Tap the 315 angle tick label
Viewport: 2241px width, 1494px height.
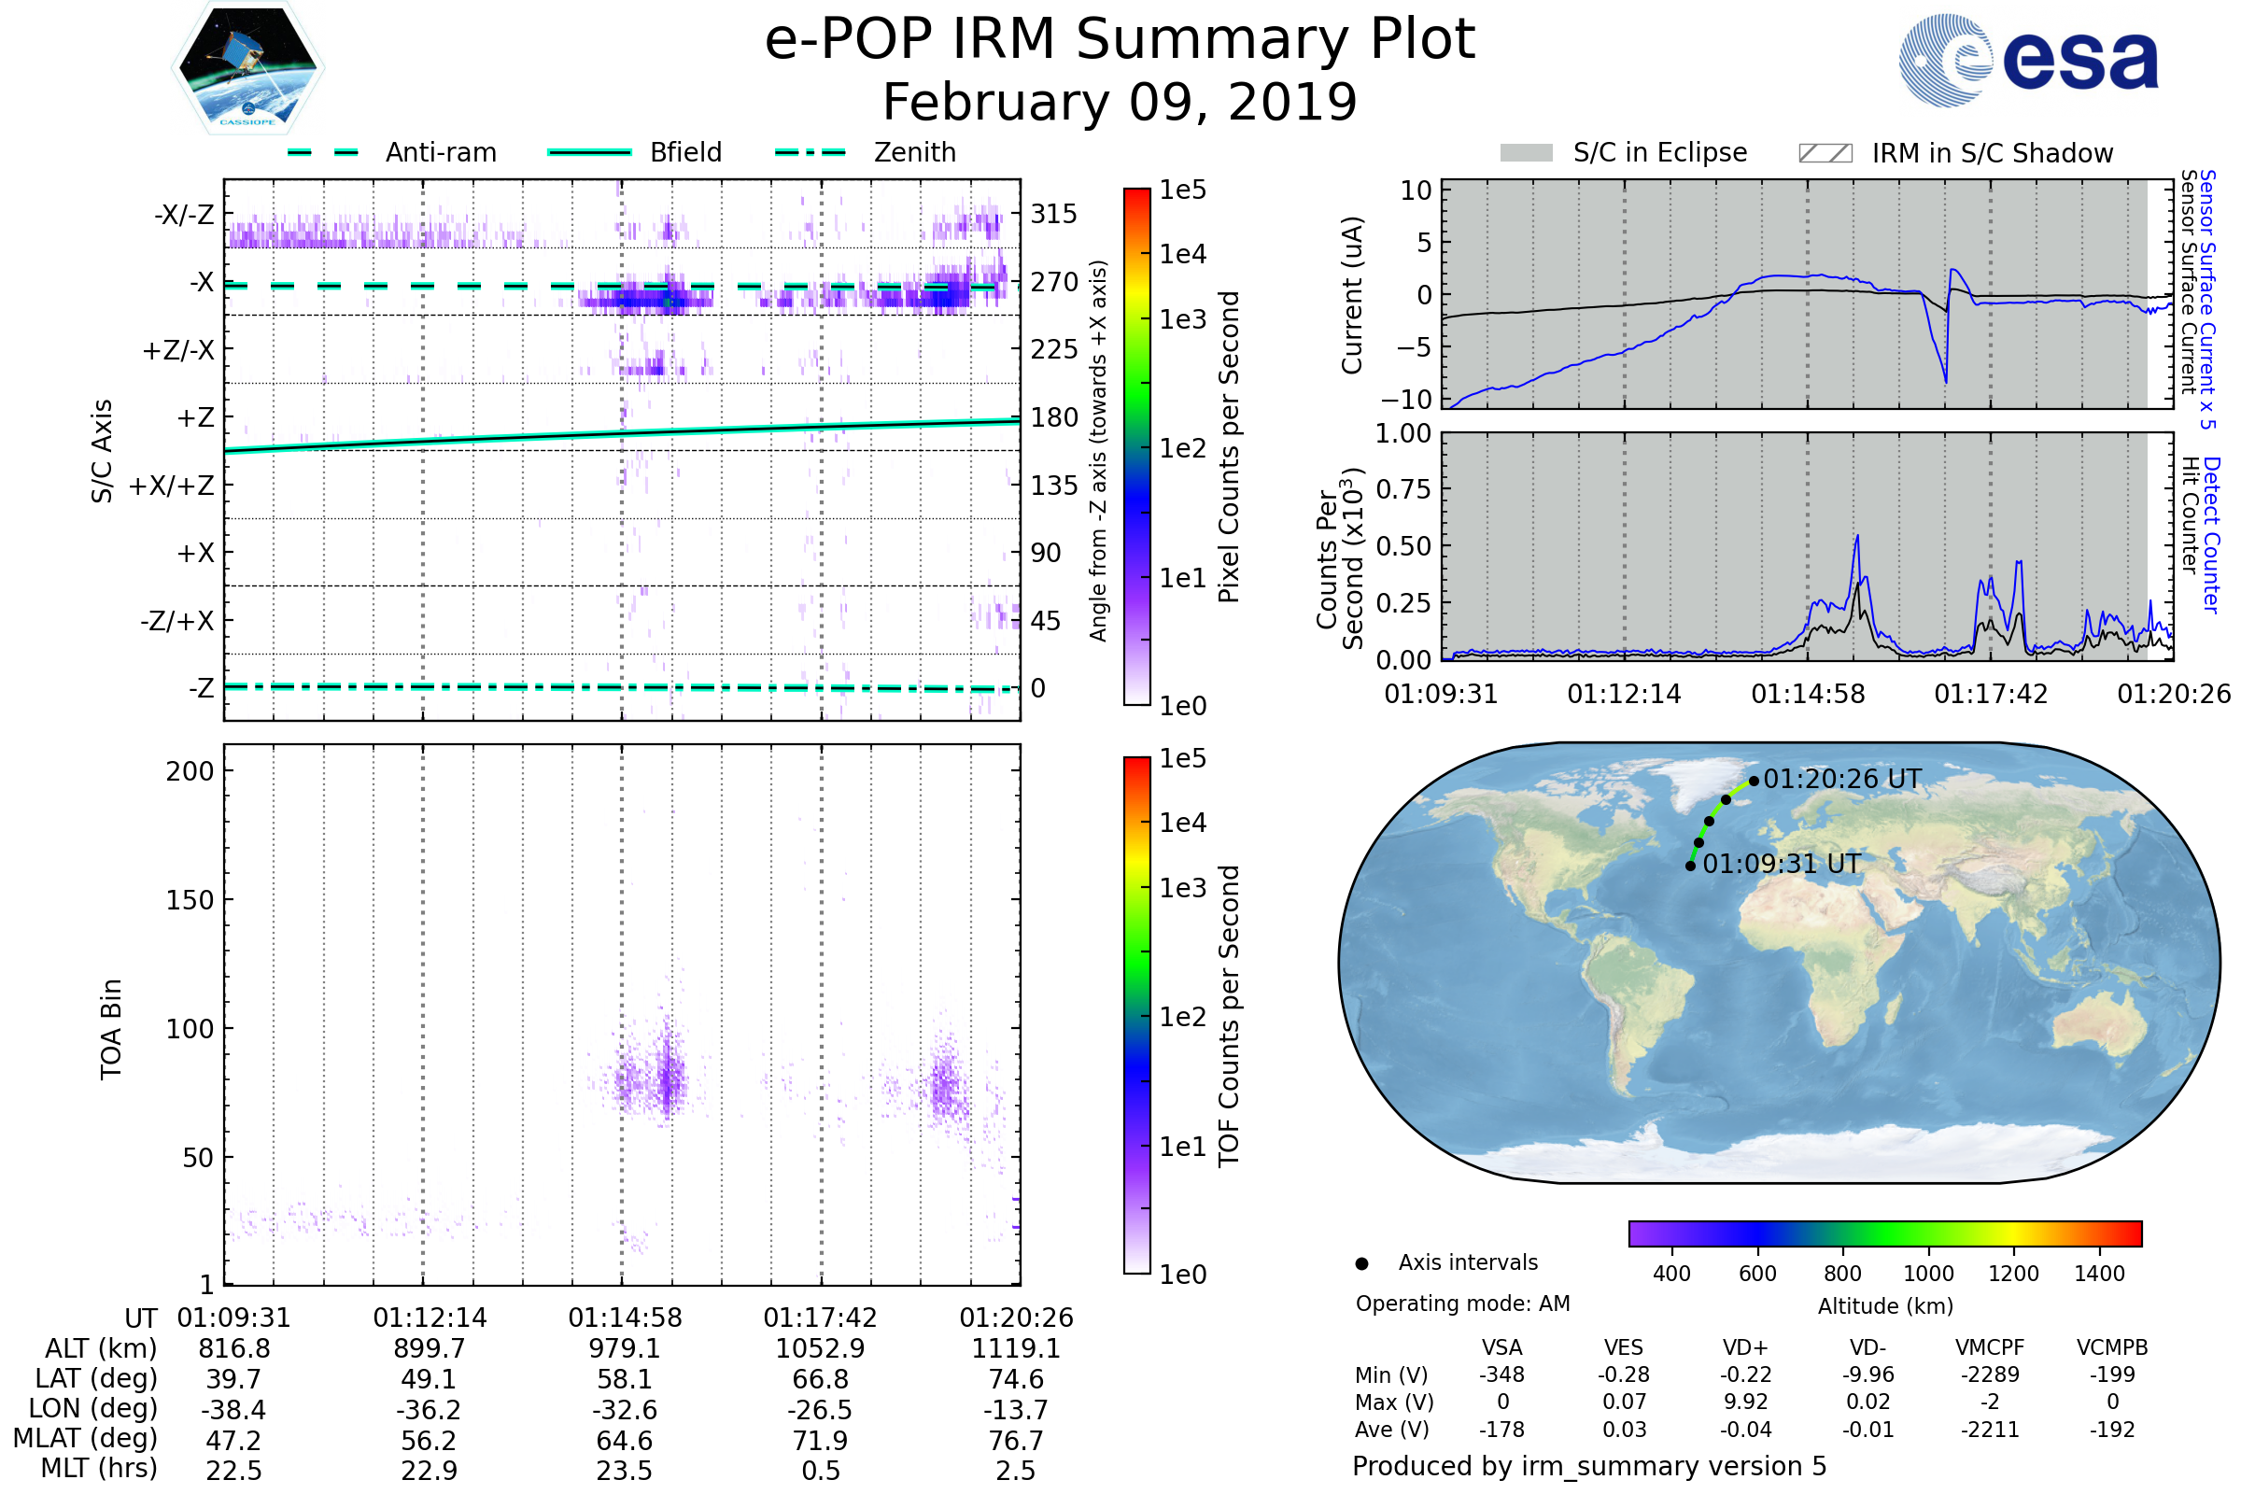point(1054,214)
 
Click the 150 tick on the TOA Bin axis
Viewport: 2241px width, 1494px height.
point(190,900)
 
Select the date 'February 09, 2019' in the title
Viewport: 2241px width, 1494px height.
point(1120,103)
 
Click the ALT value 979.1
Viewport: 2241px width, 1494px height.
point(624,1348)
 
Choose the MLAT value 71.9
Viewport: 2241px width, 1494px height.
point(821,1441)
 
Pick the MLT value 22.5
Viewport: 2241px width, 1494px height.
point(233,1470)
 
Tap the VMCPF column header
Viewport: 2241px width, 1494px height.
point(1990,1347)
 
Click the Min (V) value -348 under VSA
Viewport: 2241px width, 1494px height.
point(1501,1374)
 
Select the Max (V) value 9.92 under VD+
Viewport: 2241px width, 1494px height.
point(1745,1402)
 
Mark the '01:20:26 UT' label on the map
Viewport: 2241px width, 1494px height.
point(1841,780)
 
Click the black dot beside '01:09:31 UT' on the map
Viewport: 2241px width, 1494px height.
point(1690,867)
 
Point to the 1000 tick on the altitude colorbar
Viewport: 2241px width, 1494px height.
point(1927,1274)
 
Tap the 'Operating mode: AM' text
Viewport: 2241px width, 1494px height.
point(1462,1304)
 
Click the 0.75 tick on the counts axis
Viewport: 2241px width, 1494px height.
point(1403,489)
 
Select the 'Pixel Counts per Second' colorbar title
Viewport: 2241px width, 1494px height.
point(1229,447)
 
